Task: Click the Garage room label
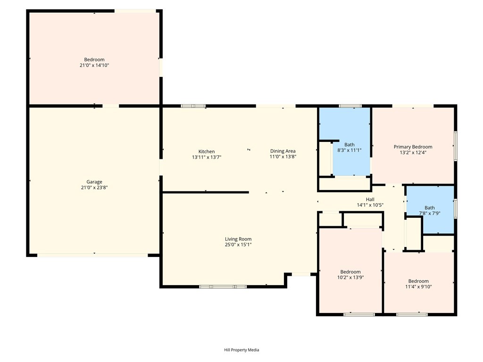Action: (94, 182)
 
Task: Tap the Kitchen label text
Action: (207, 151)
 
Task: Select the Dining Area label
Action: (283, 151)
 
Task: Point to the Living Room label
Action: (238, 239)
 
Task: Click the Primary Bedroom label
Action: (413, 147)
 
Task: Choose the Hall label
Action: (370, 199)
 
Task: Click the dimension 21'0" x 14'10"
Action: (94, 66)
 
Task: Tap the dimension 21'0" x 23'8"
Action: (94, 188)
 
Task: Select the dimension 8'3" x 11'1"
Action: (350, 150)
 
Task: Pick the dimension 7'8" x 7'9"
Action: (430, 213)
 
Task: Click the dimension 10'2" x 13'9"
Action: (350, 278)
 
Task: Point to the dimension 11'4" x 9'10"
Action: (418, 287)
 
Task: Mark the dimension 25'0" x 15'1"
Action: (238, 245)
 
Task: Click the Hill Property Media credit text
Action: (241, 350)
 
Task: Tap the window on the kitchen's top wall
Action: (193, 106)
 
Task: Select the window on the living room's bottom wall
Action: (223, 286)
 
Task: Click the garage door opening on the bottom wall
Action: (93, 255)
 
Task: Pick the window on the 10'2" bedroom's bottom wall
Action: (352, 314)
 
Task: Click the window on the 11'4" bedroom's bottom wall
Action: (412, 314)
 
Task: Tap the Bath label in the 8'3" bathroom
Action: (350, 145)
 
